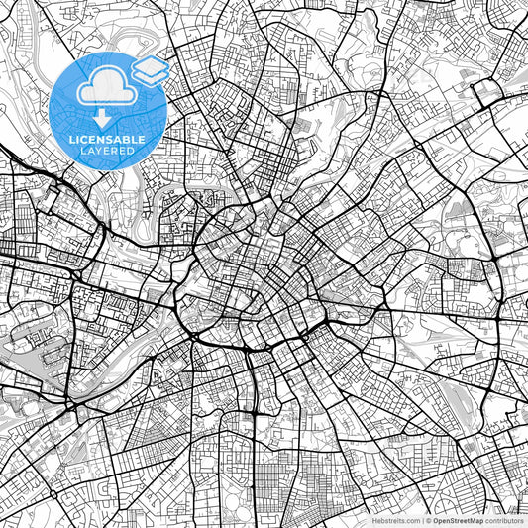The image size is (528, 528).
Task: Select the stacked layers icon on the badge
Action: click(x=153, y=69)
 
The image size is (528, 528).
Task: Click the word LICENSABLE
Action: click(x=108, y=140)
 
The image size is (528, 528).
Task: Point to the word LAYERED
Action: click(x=108, y=152)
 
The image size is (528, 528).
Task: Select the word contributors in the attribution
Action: click(x=504, y=519)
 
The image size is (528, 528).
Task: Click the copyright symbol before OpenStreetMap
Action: click(x=429, y=519)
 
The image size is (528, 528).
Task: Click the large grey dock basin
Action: click(x=30, y=342)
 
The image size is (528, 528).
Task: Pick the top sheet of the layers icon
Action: click(x=153, y=63)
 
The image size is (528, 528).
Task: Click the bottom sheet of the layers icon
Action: click(x=153, y=76)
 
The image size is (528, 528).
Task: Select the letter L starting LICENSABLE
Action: click(x=72, y=140)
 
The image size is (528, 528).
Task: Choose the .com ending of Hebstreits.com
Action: click(x=410, y=519)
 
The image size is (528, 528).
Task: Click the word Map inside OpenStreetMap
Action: click(x=475, y=519)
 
